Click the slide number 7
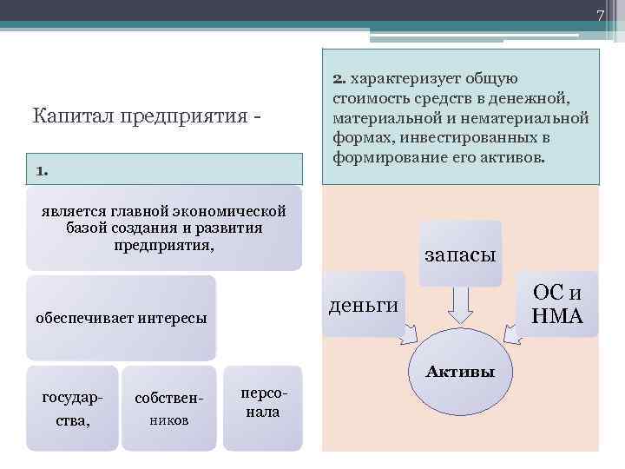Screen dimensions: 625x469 [x=599, y=16]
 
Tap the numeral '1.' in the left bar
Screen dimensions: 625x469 [x=43, y=170]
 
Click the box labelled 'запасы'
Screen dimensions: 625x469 [x=460, y=254]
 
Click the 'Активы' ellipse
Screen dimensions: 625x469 [x=459, y=382]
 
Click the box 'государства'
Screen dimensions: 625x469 [x=72, y=408]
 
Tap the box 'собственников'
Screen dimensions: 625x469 [x=167, y=408]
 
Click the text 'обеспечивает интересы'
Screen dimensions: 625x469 [x=121, y=318]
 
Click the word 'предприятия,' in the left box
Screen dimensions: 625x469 [x=164, y=244]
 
